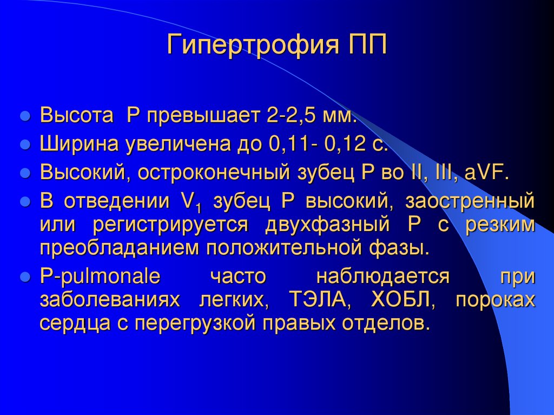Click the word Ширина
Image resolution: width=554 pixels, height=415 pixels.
click(80, 145)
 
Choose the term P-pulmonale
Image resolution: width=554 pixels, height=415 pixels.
click(100, 276)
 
